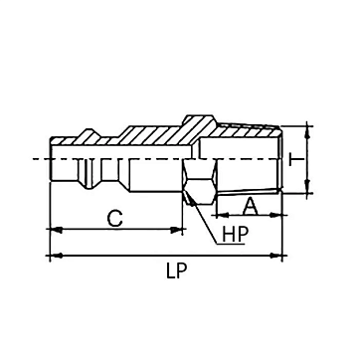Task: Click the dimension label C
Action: click(115, 219)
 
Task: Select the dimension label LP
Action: click(176, 271)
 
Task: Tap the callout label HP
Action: click(236, 235)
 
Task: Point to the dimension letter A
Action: click(251, 206)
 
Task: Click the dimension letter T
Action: click(296, 160)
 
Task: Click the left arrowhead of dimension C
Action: click(56, 230)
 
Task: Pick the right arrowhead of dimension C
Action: click(176, 230)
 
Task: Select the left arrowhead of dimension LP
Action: click(56, 256)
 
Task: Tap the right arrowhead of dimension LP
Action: click(275, 256)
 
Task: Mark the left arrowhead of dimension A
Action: click(223, 216)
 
